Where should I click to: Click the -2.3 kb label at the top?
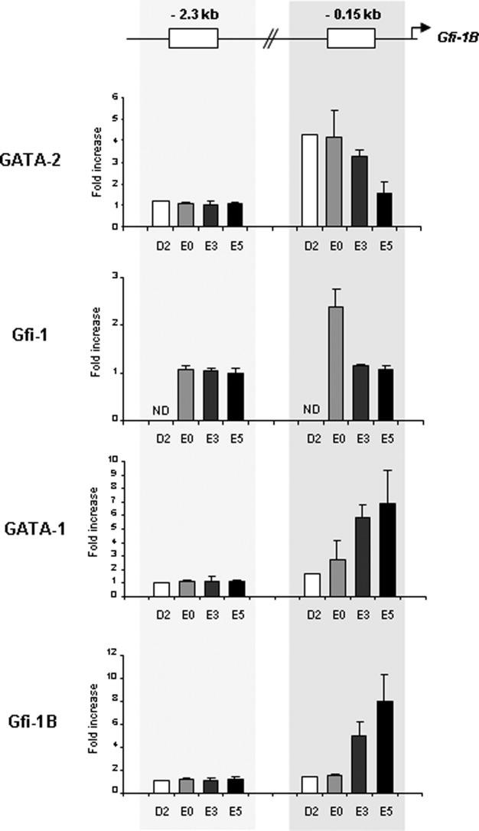pyautogui.click(x=193, y=13)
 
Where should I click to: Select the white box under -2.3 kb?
pyautogui.click(x=193, y=38)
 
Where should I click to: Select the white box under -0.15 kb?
pyautogui.click(x=351, y=38)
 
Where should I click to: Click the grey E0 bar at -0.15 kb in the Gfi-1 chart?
pyautogui.click(x=335, y=363)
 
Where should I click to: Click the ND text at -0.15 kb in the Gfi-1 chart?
pyautogui.click(x=311, y=409)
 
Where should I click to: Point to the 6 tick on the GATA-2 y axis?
pyautogui.click(x=115, y=97)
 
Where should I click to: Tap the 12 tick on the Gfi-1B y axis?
pyautogui.click(x=112, y=653)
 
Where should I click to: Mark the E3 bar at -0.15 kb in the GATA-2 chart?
pyautogui.click(x=360, y=191)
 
